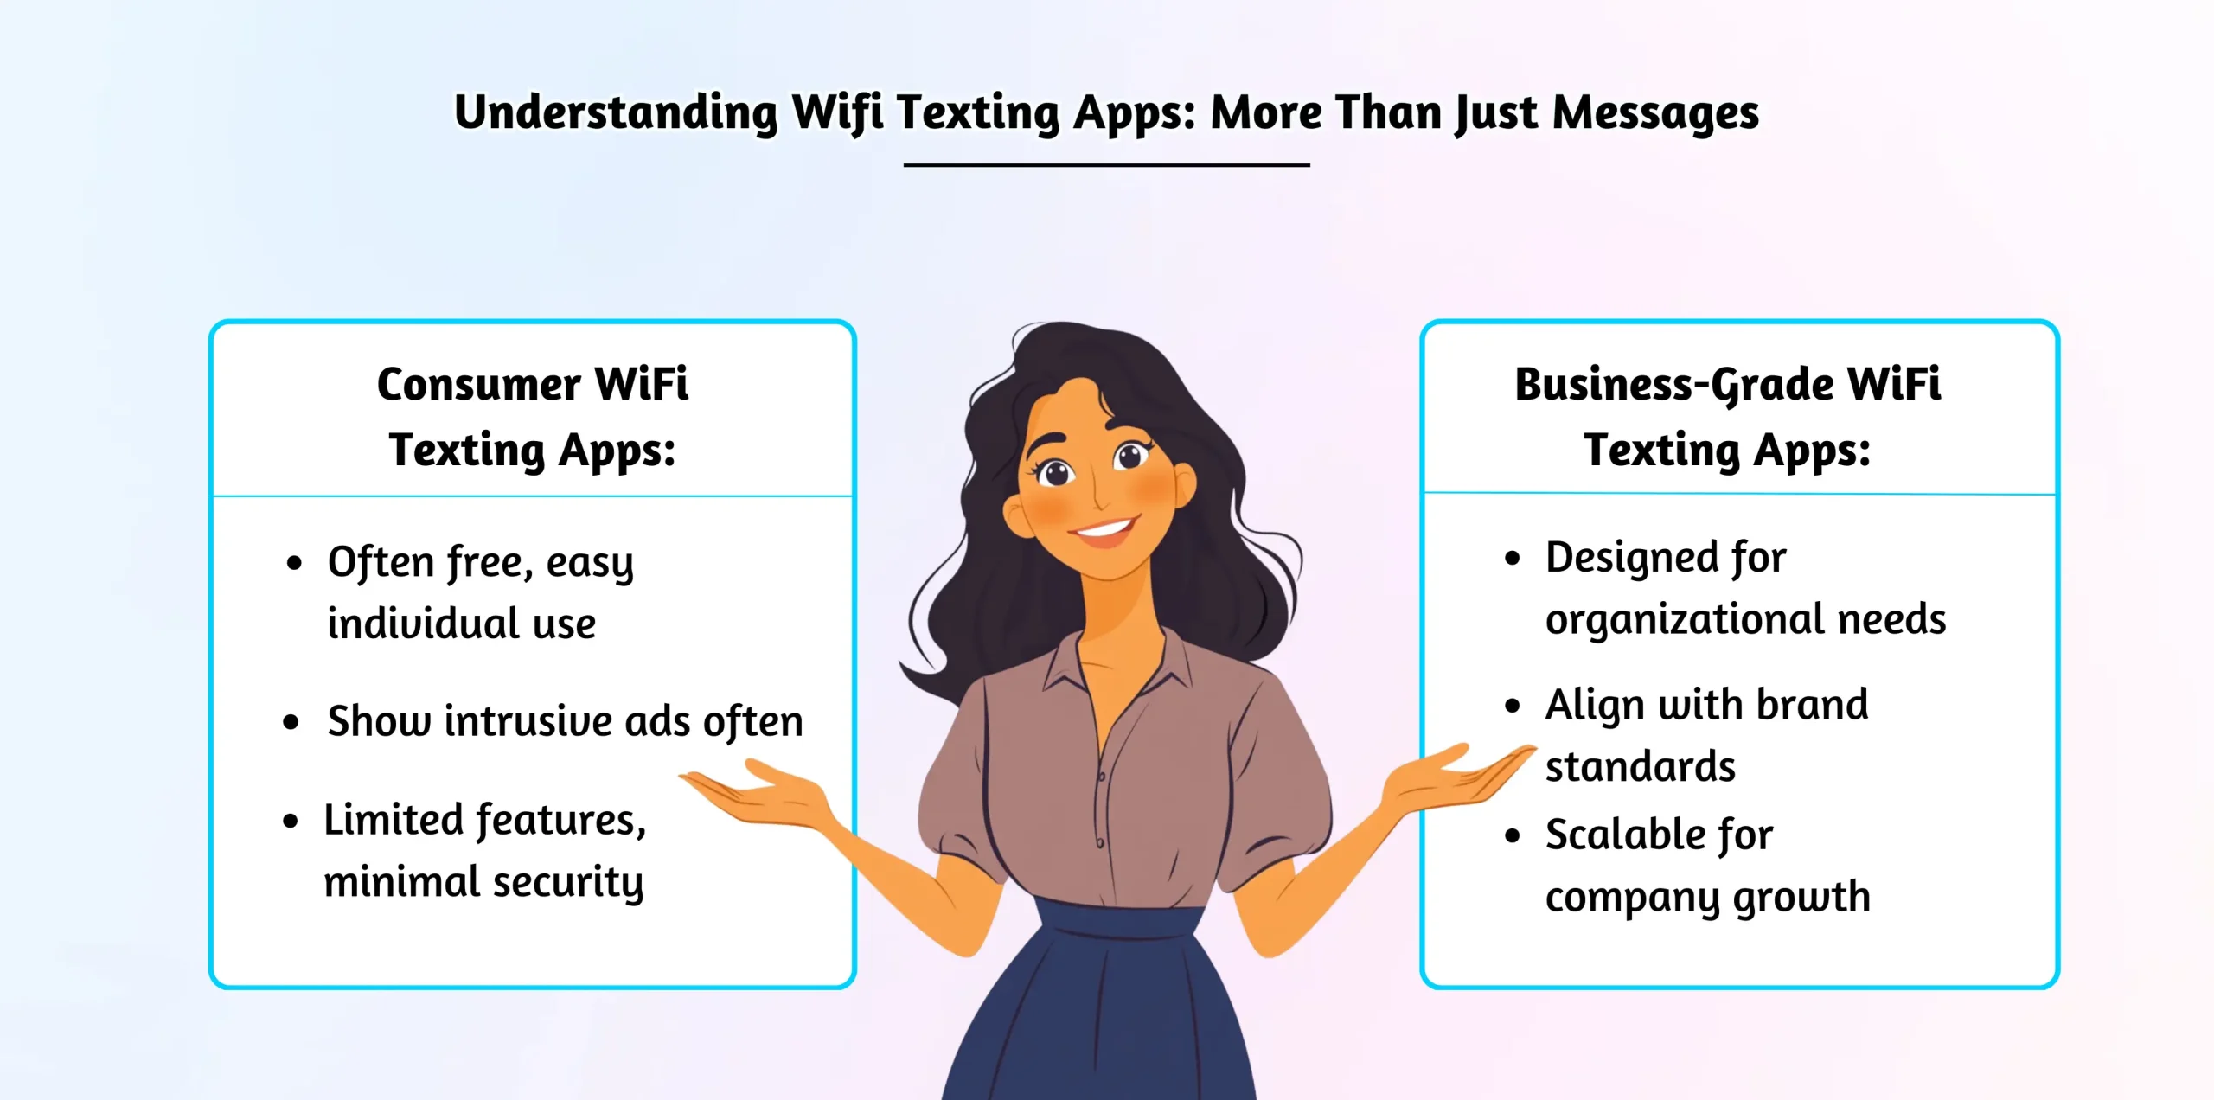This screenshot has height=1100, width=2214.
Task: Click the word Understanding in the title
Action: click(616, 113)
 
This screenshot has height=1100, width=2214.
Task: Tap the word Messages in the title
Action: click(1655, 113)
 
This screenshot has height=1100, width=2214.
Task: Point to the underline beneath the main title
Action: click(1106, 164)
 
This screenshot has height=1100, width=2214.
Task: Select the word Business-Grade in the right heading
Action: click(1674, 386)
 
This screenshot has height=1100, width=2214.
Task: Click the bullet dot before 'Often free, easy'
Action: click(294, 564)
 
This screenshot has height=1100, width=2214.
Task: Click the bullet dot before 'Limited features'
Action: click(291, 822)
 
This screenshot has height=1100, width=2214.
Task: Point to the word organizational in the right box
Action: click(1685, 620)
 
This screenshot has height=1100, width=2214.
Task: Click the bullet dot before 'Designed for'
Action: click(1512, 559)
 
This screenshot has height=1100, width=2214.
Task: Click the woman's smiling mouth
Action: click(1104, 528)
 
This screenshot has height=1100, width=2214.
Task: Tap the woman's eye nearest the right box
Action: click(1131, 455)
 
